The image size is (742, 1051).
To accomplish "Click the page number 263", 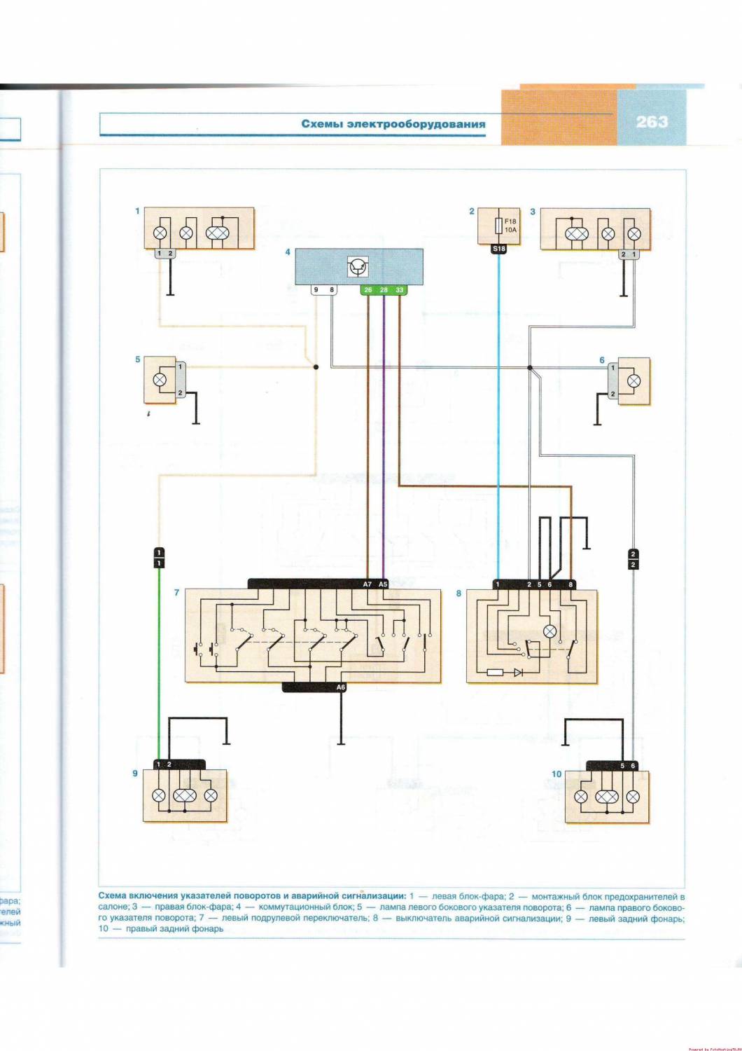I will click(652, 122).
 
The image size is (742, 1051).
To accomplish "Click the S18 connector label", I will click(498, 249).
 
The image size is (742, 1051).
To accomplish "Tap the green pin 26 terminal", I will click(368, 289).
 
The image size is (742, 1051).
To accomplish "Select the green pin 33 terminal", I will click(400, 289).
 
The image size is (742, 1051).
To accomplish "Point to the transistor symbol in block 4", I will click(358, 266).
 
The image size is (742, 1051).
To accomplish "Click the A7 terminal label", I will click(367, 584).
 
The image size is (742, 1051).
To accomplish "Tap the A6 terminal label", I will click(341, 687).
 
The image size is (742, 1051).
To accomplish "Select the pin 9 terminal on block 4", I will click(316, 289).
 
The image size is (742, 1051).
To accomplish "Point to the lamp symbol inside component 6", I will click(634, 380).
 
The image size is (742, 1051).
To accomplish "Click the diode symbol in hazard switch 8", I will click(518, 672).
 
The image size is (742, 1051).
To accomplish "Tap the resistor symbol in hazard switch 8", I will click(494, 672).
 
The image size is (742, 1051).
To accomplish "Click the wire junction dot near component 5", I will click(316, 366).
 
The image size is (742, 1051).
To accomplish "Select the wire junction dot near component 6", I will click(530, 367).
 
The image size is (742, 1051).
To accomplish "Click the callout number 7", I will click(176, 593).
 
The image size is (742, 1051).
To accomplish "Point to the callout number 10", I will click(556, 774).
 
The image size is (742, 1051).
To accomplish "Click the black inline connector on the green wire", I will click(159, 558).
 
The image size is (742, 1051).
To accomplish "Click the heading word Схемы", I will click(324, 124).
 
